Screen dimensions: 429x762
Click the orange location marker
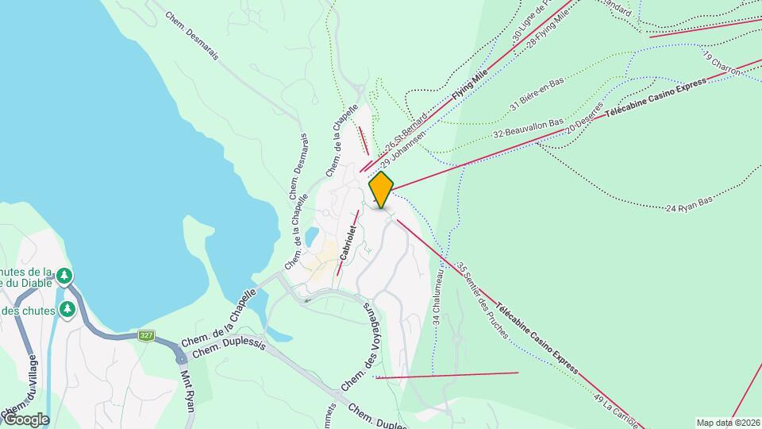pyautogui.click(x=382, y=189)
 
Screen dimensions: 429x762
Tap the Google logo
pyautogui.click(x=25, y=419)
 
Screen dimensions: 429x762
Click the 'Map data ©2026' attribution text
pyautogui.click(x=728, y=423)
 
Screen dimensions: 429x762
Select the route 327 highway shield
pyautogui.click(x=145, y=335)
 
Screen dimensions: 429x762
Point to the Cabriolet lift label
pyautogui.click(x=348, y=242)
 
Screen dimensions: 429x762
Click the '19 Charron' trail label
pyautogui.click(x=721, y=64)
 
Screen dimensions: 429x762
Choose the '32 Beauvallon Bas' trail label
pyautogui.click(x=528, y=129)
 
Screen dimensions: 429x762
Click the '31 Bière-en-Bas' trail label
pyautogui.click(x=537, y=93)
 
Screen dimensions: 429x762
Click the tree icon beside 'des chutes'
pyautogui.click(x=68, y=308)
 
